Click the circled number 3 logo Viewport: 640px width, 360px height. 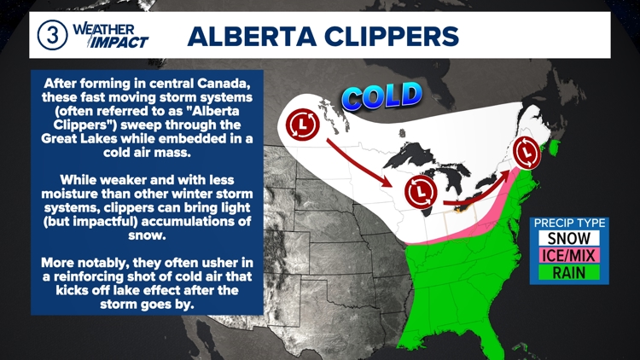[52, 36]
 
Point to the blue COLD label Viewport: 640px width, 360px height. [382, 96]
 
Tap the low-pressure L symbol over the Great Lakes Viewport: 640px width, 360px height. [420, 191]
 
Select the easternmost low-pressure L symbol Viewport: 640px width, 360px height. [528, 153]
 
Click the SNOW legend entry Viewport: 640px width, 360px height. [568, 238]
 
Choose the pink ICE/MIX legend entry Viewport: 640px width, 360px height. [568, 255]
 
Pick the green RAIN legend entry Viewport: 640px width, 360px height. [568, 273]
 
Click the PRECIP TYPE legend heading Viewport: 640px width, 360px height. [568, 224]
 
